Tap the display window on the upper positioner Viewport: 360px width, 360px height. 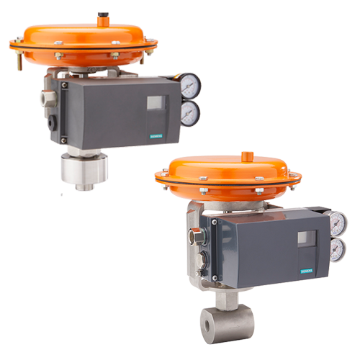coord(156,103)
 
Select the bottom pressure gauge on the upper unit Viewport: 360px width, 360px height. coord(189,113)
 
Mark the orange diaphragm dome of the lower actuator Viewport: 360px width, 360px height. coord(229,173)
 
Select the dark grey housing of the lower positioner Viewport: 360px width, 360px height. coord(259,248)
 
